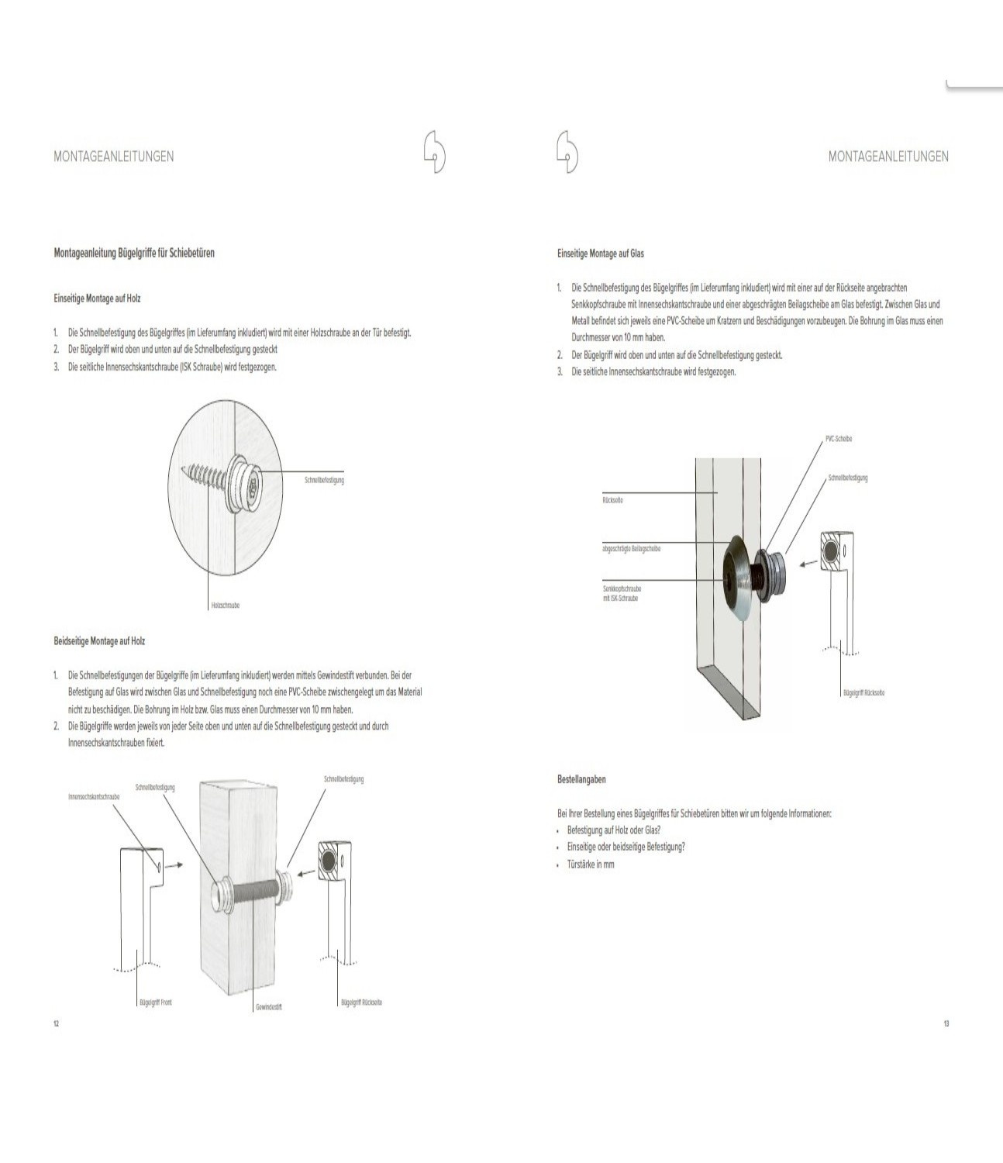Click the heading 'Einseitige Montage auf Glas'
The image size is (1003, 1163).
[601, 254]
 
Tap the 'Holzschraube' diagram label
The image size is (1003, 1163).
[225, 606]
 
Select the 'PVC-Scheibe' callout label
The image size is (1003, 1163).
[839, 439]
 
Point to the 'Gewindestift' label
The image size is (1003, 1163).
[268, 1007]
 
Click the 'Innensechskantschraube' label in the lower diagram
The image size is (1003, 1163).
[94, 796]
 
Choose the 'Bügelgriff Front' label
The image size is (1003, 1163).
[155, 1003]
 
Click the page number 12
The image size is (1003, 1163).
[56, 1024]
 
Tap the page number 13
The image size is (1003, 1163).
[946, 1024]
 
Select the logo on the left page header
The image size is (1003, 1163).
[435, 152]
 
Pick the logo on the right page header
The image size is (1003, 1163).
[567, 152]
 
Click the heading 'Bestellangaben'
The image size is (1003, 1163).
[581, 779]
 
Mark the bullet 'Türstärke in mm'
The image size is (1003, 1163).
[591, 864]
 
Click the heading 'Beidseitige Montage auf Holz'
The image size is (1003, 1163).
[99, 641]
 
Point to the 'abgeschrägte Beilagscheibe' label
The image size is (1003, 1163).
[632, 549]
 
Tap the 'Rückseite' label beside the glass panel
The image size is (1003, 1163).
[612, 500]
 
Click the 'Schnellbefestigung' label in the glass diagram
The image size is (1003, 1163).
[848, 478]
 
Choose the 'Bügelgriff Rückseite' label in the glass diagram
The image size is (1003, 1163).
[863, 692]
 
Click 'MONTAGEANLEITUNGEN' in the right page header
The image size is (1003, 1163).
[888, 157]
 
